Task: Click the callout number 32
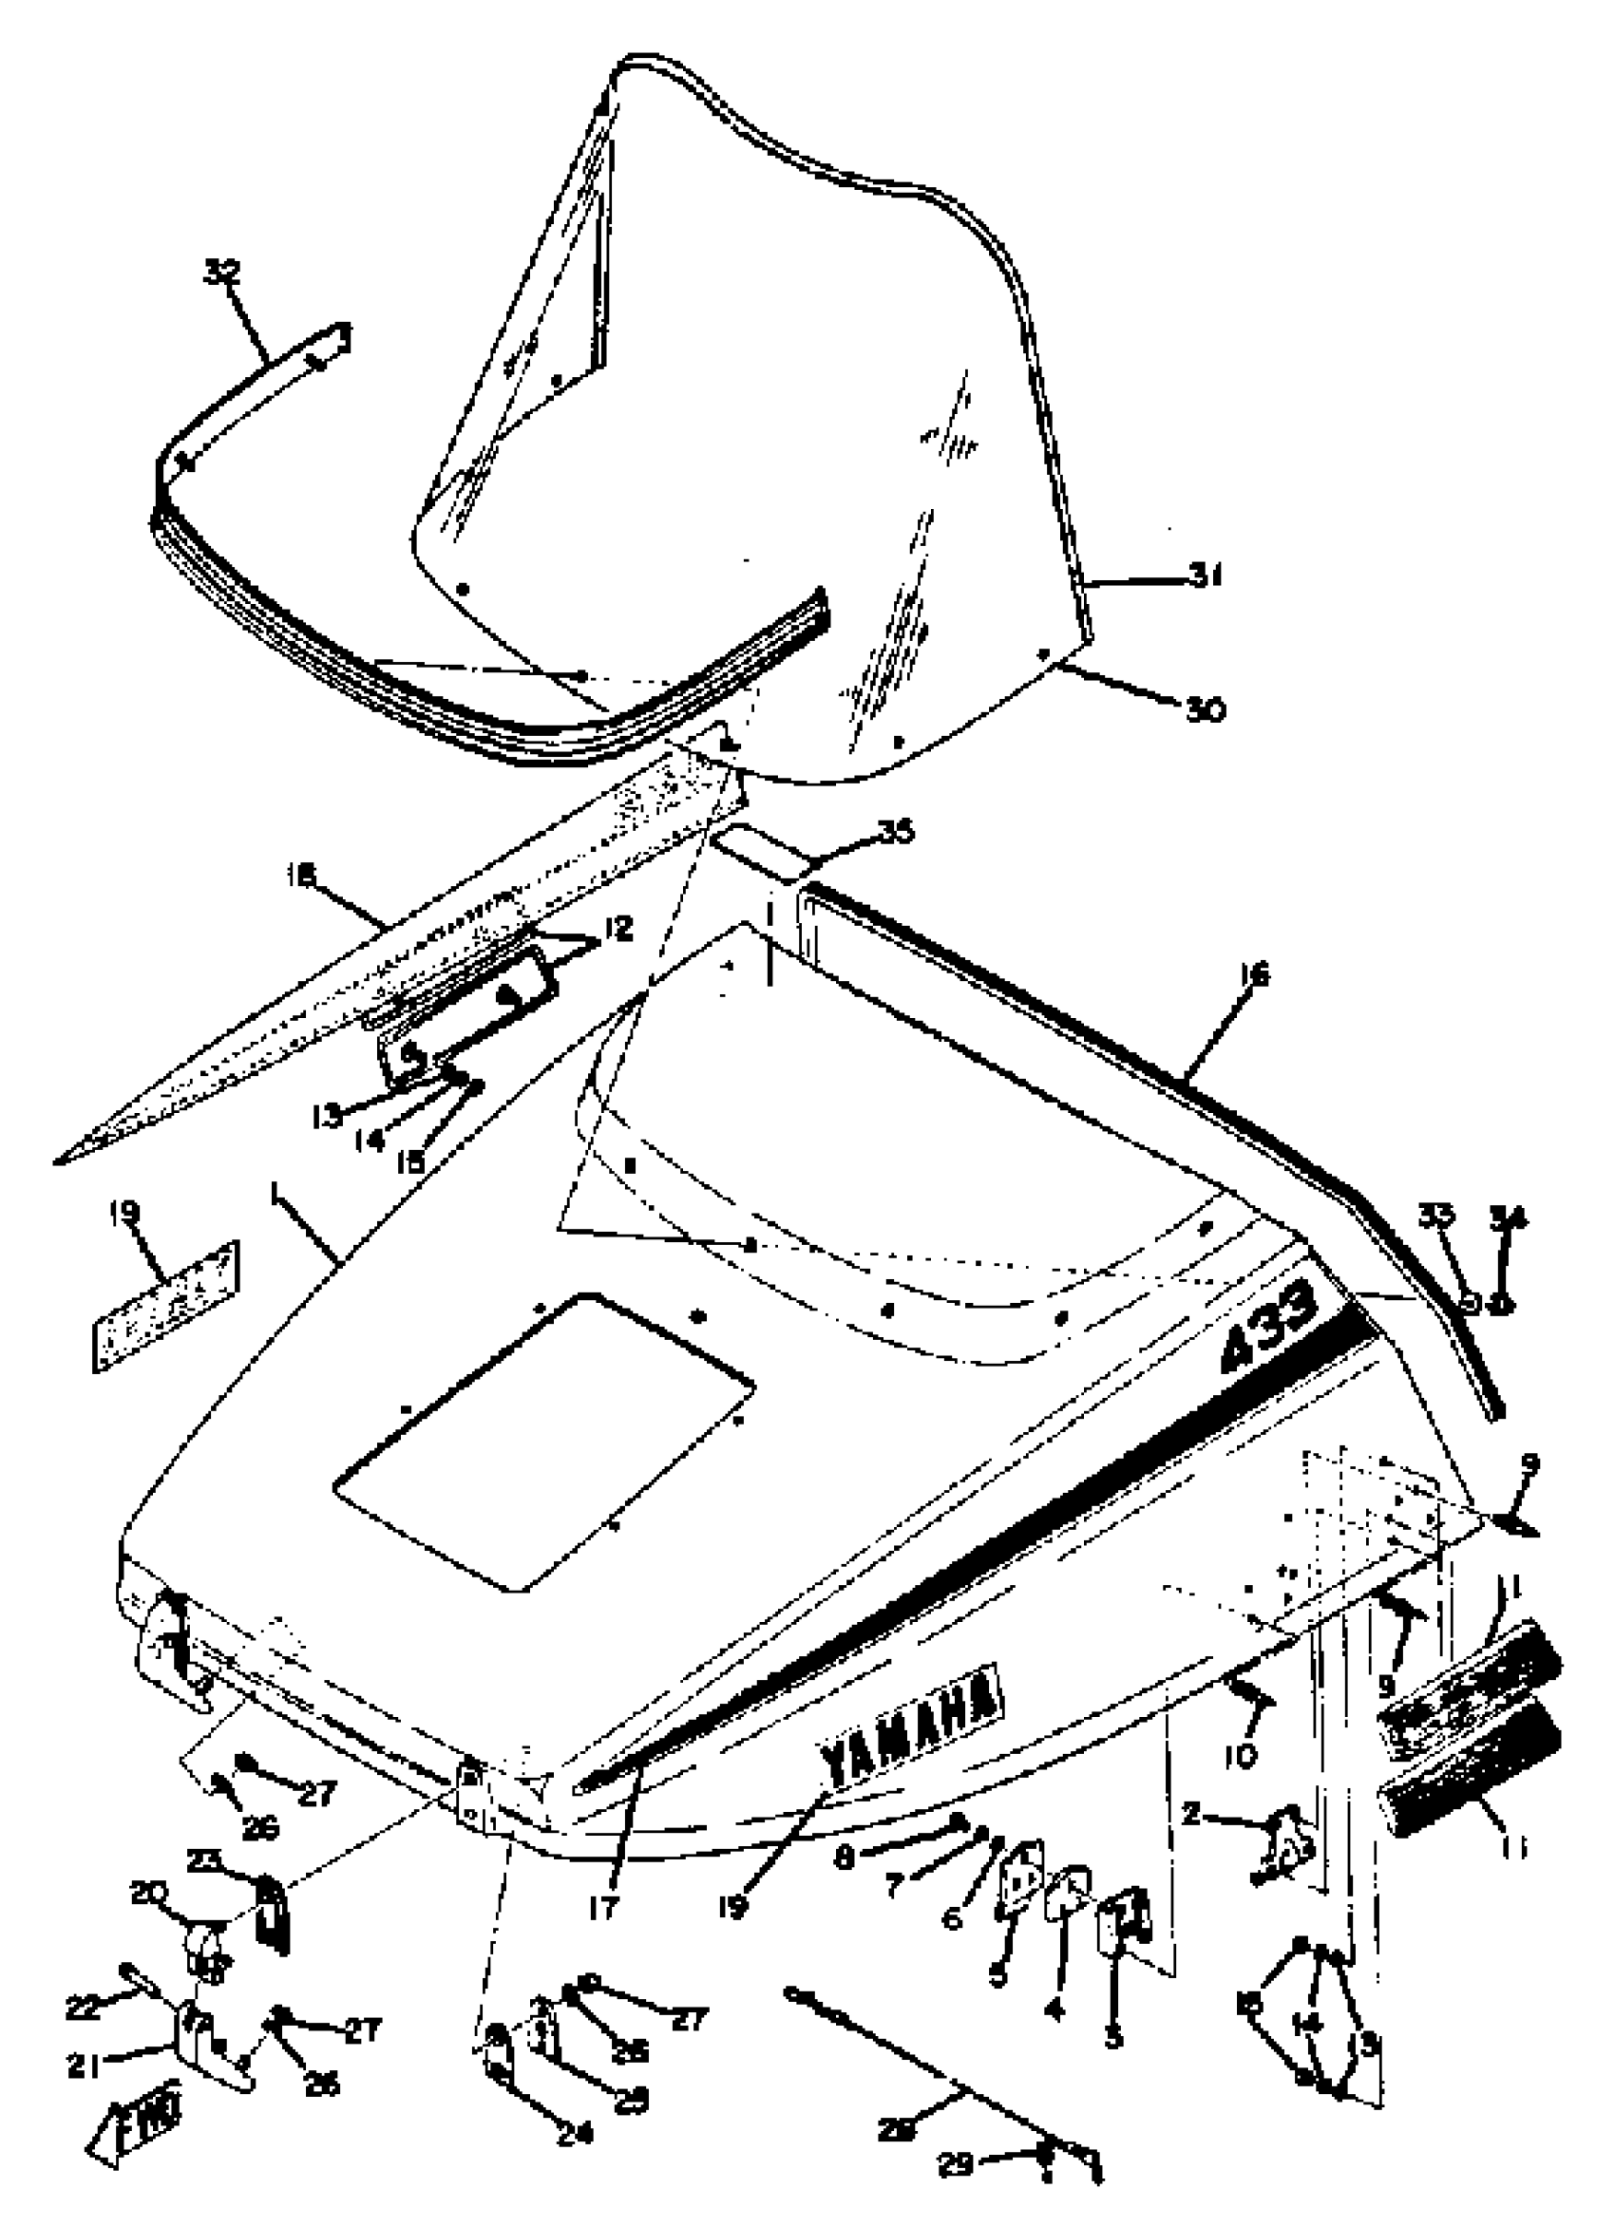click(221, 271)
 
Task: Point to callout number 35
click(893, 832)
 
